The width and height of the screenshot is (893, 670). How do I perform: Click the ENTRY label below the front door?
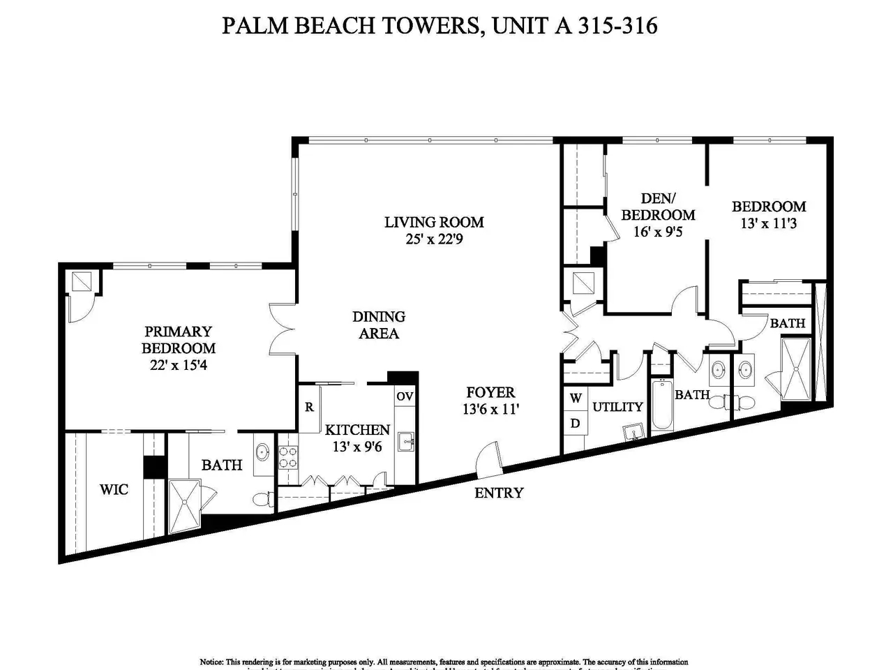(498, 493)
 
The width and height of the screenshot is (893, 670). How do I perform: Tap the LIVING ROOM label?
(434, 222)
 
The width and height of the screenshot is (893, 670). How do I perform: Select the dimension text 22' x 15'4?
(179, 365)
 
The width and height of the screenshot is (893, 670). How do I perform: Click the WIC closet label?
(114, 489)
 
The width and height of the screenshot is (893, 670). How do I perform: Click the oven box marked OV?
(405, 396)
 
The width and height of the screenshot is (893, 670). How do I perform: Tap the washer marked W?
(576, 399)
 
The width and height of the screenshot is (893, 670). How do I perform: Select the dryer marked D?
(576, 423)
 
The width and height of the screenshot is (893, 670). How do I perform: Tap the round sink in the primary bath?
(263, 452)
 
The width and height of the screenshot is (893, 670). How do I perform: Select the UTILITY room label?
(617, 406)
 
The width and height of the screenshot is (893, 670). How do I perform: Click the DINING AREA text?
(379, 325)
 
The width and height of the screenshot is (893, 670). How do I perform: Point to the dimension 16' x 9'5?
(658, 232)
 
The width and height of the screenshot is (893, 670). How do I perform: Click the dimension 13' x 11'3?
(769, 223)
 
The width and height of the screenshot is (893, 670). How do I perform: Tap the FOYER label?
(490, 392)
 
